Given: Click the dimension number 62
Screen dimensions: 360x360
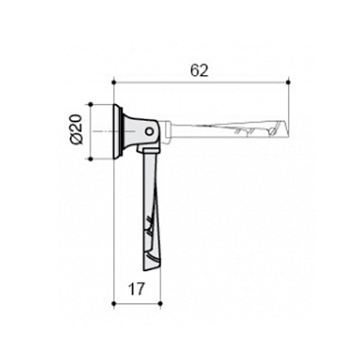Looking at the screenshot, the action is [x=199, y=71].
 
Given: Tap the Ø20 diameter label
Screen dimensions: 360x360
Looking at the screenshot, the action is [x=77, y=130].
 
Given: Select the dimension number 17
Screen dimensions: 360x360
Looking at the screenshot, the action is [x=137, y=289].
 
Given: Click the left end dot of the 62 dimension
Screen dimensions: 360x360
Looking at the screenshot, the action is [x=114, y=83].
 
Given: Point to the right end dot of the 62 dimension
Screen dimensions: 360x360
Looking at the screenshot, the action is [x=288, y=83].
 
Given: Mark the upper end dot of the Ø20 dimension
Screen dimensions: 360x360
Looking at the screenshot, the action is [x=91, y=104].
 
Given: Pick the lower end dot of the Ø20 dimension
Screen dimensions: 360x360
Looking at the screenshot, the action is [x=91, y=159].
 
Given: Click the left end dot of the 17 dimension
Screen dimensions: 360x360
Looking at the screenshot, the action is [x=114, y=304].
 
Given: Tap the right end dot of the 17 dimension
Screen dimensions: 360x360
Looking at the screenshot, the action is [x=161, y=304].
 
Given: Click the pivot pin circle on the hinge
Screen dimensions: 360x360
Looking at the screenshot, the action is [x=150, y=132].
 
